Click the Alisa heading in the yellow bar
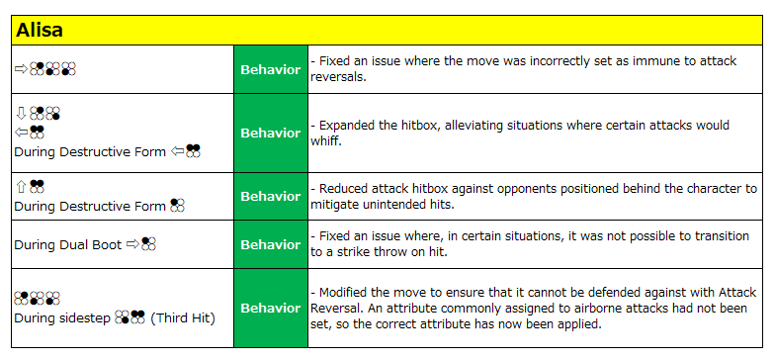click(x=40, y=31)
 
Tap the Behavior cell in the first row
click(x=271, y=69)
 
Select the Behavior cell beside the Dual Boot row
click(x=271, y=245)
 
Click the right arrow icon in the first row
click(x=21, y=69)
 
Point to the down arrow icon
click(x=21, y=113)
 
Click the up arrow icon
click(x=21, y=186)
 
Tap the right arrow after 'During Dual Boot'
click(x=132, y=243)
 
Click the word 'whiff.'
click(x=326, y=140)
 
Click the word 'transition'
click(x=722, y=236)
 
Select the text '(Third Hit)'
click(x=182, y=318)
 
